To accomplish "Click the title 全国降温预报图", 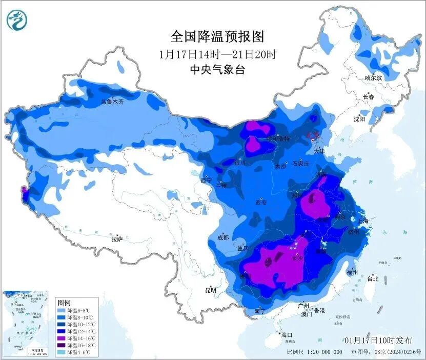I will pyautogui.click(x=217, y=37).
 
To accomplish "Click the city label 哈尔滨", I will pyautogui.click(x=374, y=78).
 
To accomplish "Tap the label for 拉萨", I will pyautogui.click(x=117, y=239).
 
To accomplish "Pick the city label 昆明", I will pyautogui.click(x=210, y=290).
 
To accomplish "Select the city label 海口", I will pyautogui.click(x=286, y=335).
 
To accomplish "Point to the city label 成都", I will pyautogui.click(x=223, y=237).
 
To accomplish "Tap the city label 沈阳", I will pyautogui.click(x=359, y=119).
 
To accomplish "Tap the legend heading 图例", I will pyautogui.click(x=64, y=303).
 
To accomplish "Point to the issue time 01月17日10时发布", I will pyautogui.click(x=378, y=340).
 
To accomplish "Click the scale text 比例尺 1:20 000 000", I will pyautogui.click(x=315, y=352).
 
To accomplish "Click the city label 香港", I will pyautogui.click(x=319, y=311).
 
